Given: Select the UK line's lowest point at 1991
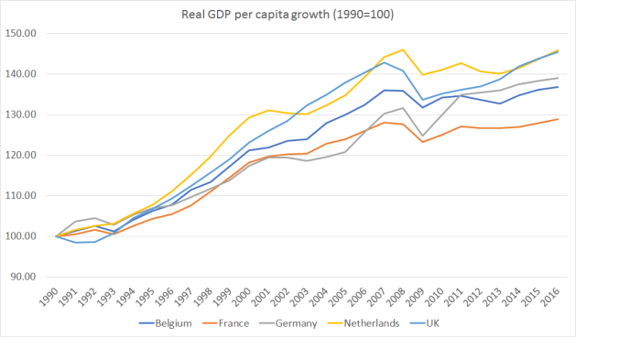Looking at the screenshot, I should coord(76,243).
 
